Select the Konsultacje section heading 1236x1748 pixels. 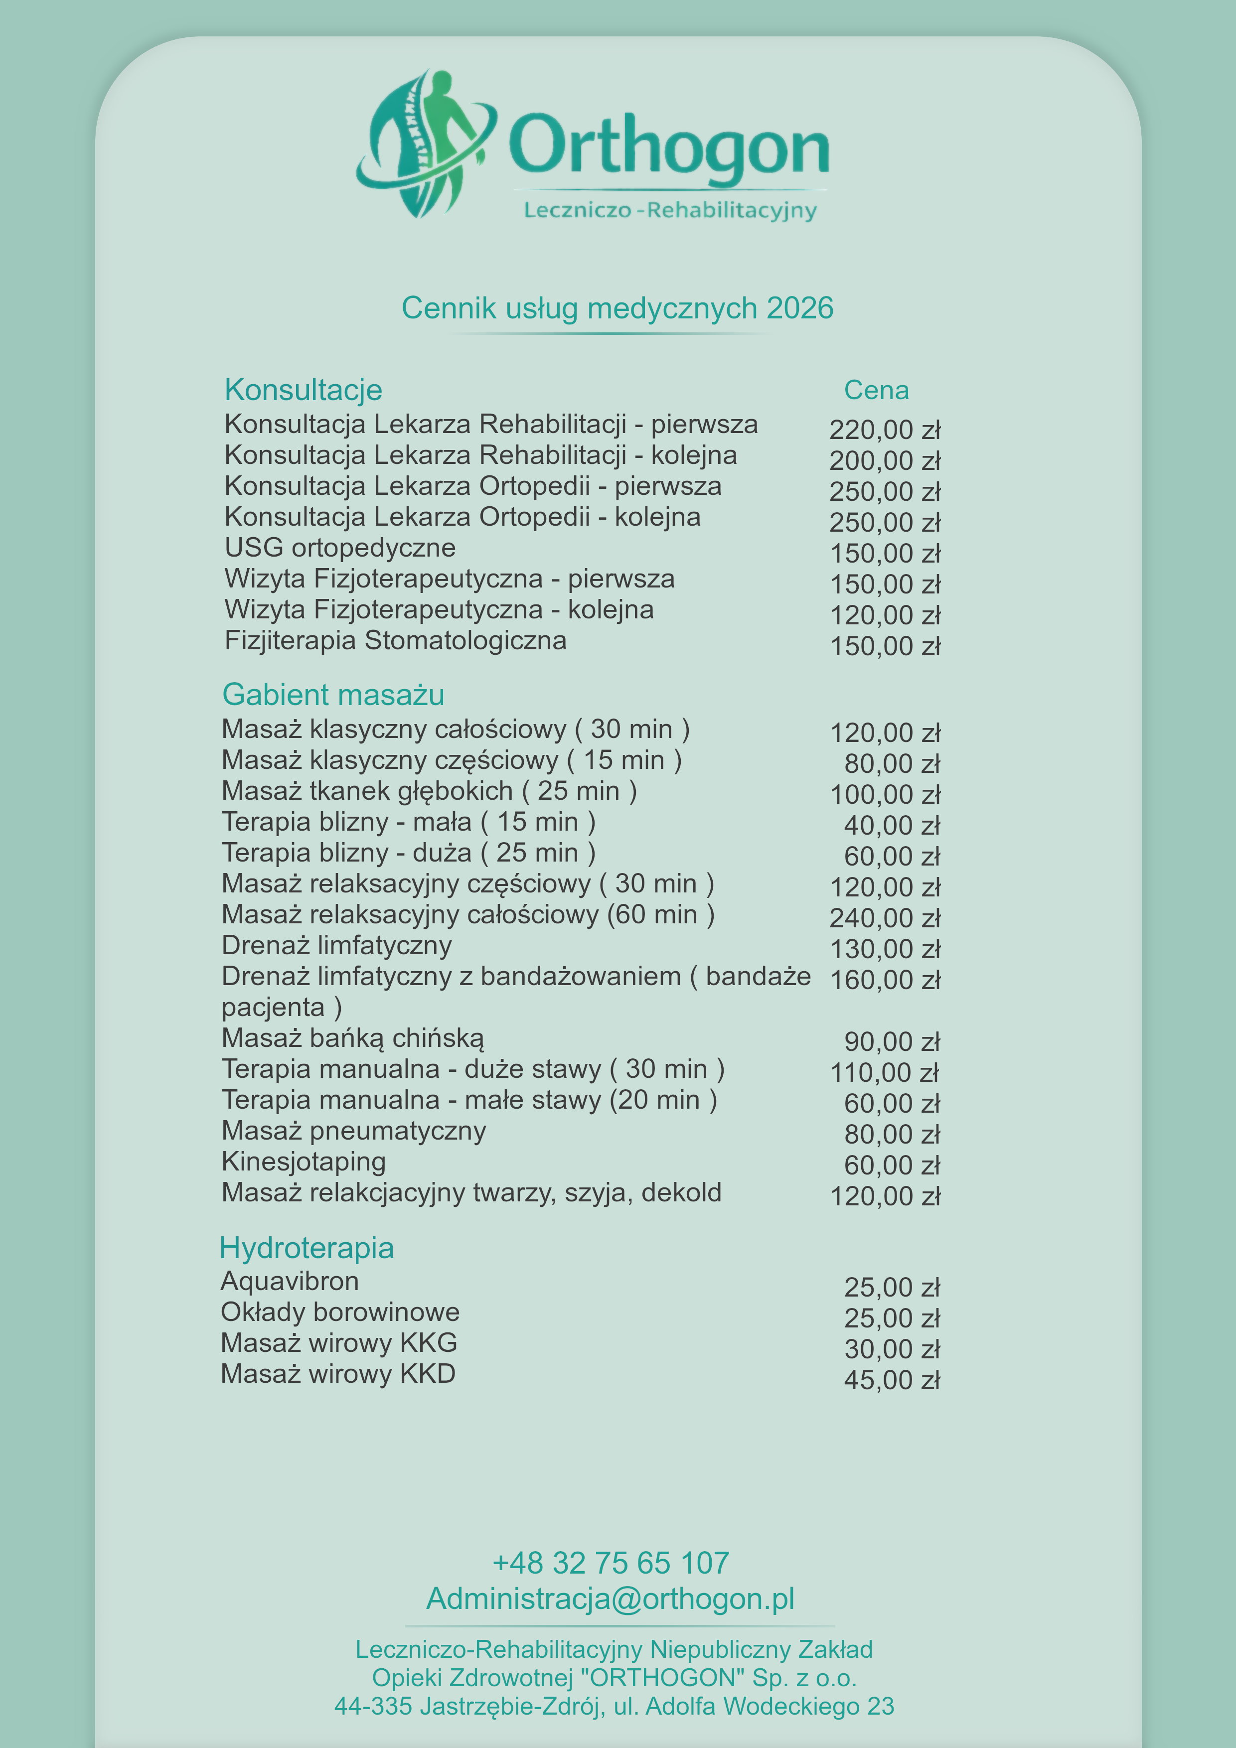click(303, 390)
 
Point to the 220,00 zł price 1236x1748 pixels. click(884, 430)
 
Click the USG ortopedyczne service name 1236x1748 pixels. click(340, 548)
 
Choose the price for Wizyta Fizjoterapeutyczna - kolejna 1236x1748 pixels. click(884, 615)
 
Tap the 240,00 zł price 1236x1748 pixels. click(884, 918)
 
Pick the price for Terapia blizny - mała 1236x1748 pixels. click(891, 825)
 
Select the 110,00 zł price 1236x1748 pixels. click(884, 1073)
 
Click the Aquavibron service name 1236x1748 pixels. click(290, 1281)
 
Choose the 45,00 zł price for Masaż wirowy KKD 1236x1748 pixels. click(891, 1380)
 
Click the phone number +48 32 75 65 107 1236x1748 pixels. click(610, 1563)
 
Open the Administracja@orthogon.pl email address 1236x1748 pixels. click(610, 1599)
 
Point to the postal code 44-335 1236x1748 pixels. click(372, 1707)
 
